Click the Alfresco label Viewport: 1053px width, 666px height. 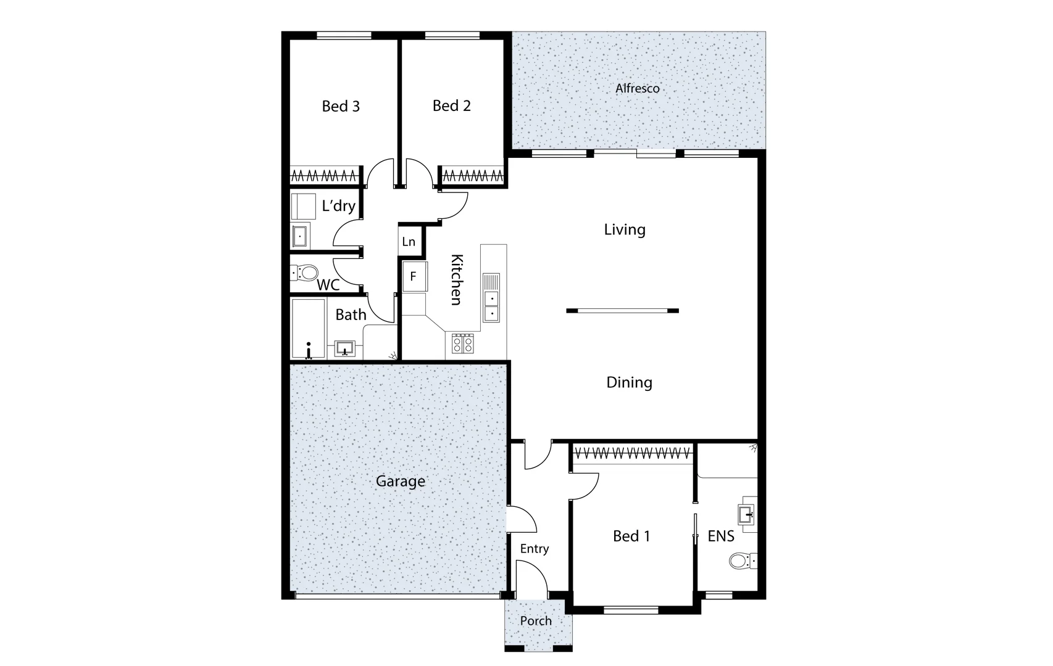[x=637, y=88]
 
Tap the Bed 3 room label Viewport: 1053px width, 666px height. [x=341, y=106]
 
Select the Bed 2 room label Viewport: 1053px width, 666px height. [x=451, y=105]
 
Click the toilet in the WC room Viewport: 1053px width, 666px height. [x=305, y=272]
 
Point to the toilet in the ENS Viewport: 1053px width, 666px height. [x=739, y=561]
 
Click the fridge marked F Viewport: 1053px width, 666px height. [x=414, y=277]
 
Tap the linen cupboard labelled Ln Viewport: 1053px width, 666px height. [x=409, y=241]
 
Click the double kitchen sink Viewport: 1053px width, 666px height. [x=491, y=298]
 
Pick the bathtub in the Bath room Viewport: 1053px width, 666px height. [x=308, y=329]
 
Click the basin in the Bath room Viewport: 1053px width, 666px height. [x=345, y=348]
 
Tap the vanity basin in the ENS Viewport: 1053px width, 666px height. [x=746, y=513]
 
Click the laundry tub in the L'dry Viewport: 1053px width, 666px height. [x=300, y=235]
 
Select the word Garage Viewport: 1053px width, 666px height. [x=400, y=481]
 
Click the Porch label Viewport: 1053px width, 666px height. [x=536, y=621]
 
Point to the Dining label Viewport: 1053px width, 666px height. [x=629, y=382]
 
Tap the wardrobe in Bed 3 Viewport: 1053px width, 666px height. [x=325, y=176]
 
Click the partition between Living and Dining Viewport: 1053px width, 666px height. [x=622, y=311]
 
